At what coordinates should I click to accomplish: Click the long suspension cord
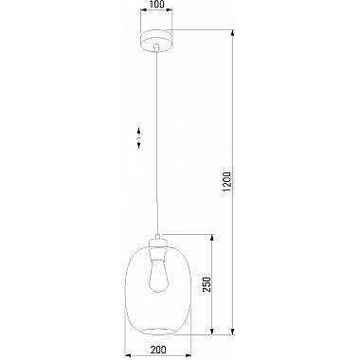156,142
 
